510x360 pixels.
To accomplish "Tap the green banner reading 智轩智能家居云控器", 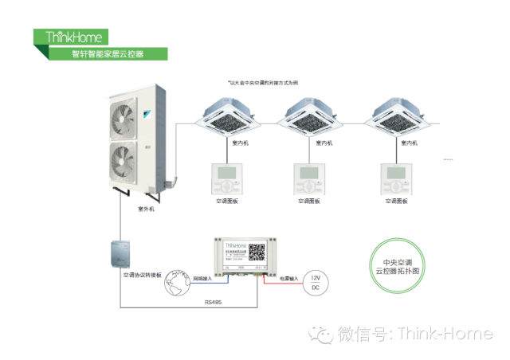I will [x=108, y=54].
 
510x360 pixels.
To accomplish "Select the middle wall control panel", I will [x=311, y=178].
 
